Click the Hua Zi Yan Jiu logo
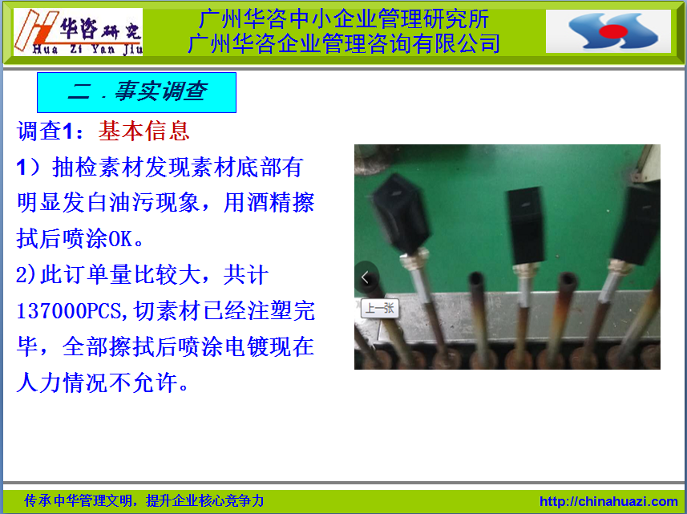click(79, 32)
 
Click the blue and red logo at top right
click(608, 31)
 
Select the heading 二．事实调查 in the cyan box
click(137, 91)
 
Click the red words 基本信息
click(143, 131)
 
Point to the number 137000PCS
click(68, 311)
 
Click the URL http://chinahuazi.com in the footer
click(608, 501)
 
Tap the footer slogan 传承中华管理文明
click(78, 500)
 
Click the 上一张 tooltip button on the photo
click(379, 308)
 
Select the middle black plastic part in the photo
click(525, 225)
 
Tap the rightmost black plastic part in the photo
click(636, 224)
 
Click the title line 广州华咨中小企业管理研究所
click(344, 19)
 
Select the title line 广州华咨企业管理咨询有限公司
click(344, 43)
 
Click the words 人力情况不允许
click(98, 383)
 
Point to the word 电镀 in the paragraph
click(246, 347)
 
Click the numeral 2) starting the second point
click(26, 275)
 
